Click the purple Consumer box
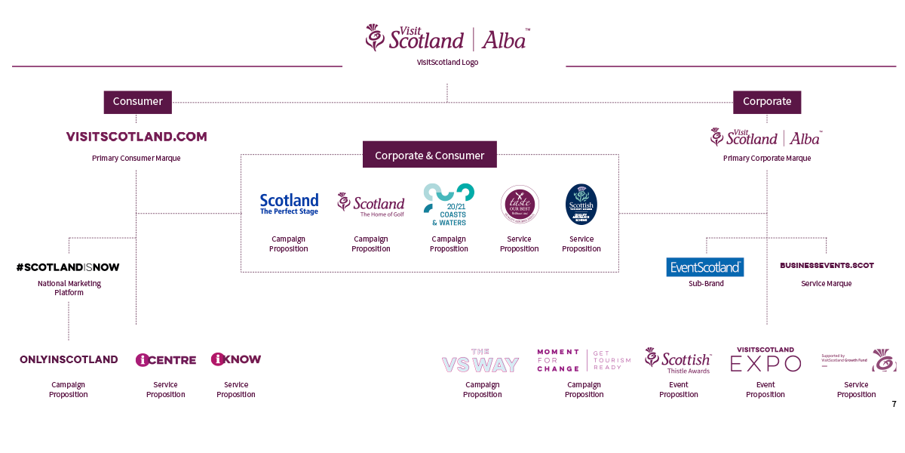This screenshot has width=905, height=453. [137, 102]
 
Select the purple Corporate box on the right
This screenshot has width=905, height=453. [767, 102]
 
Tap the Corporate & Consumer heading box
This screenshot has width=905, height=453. [430, 155]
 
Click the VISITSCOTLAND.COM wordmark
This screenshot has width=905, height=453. [137, 137]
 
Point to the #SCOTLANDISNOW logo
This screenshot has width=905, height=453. [68, 267]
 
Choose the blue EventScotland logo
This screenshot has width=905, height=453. [705, 267]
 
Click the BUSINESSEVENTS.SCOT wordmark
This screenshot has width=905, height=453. [827, 266]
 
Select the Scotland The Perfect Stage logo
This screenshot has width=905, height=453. [289, 204]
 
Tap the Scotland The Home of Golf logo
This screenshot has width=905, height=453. [371, 205]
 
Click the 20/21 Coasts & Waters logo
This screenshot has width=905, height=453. [449, 205]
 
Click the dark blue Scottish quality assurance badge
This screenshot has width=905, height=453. [581, 204]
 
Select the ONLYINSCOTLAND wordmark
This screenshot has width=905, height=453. [69, 359]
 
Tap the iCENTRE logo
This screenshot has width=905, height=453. [166, 360]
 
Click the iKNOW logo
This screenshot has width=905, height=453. [236, 359]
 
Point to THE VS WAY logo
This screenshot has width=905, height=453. [480, 362]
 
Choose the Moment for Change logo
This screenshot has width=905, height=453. [584, 360]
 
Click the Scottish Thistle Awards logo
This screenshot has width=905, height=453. [678, 360]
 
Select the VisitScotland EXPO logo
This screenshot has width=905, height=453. [765, 360]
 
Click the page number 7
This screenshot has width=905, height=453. [894, 404]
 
